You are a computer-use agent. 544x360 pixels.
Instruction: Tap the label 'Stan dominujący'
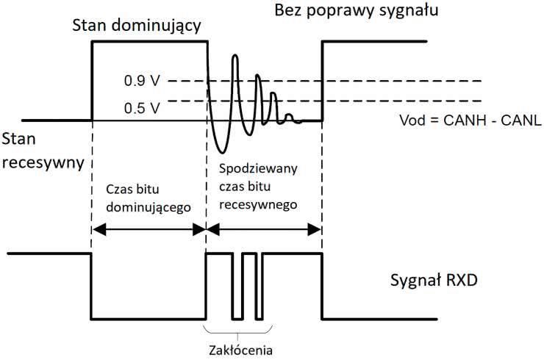(137, 27)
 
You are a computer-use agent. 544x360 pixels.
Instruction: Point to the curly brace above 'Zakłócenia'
(240, 328)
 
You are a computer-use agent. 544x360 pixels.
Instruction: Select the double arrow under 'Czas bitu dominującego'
(148, 230)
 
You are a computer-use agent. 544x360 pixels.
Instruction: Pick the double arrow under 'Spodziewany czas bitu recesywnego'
(264, 230)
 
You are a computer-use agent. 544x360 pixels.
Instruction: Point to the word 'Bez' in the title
(289, 12)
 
